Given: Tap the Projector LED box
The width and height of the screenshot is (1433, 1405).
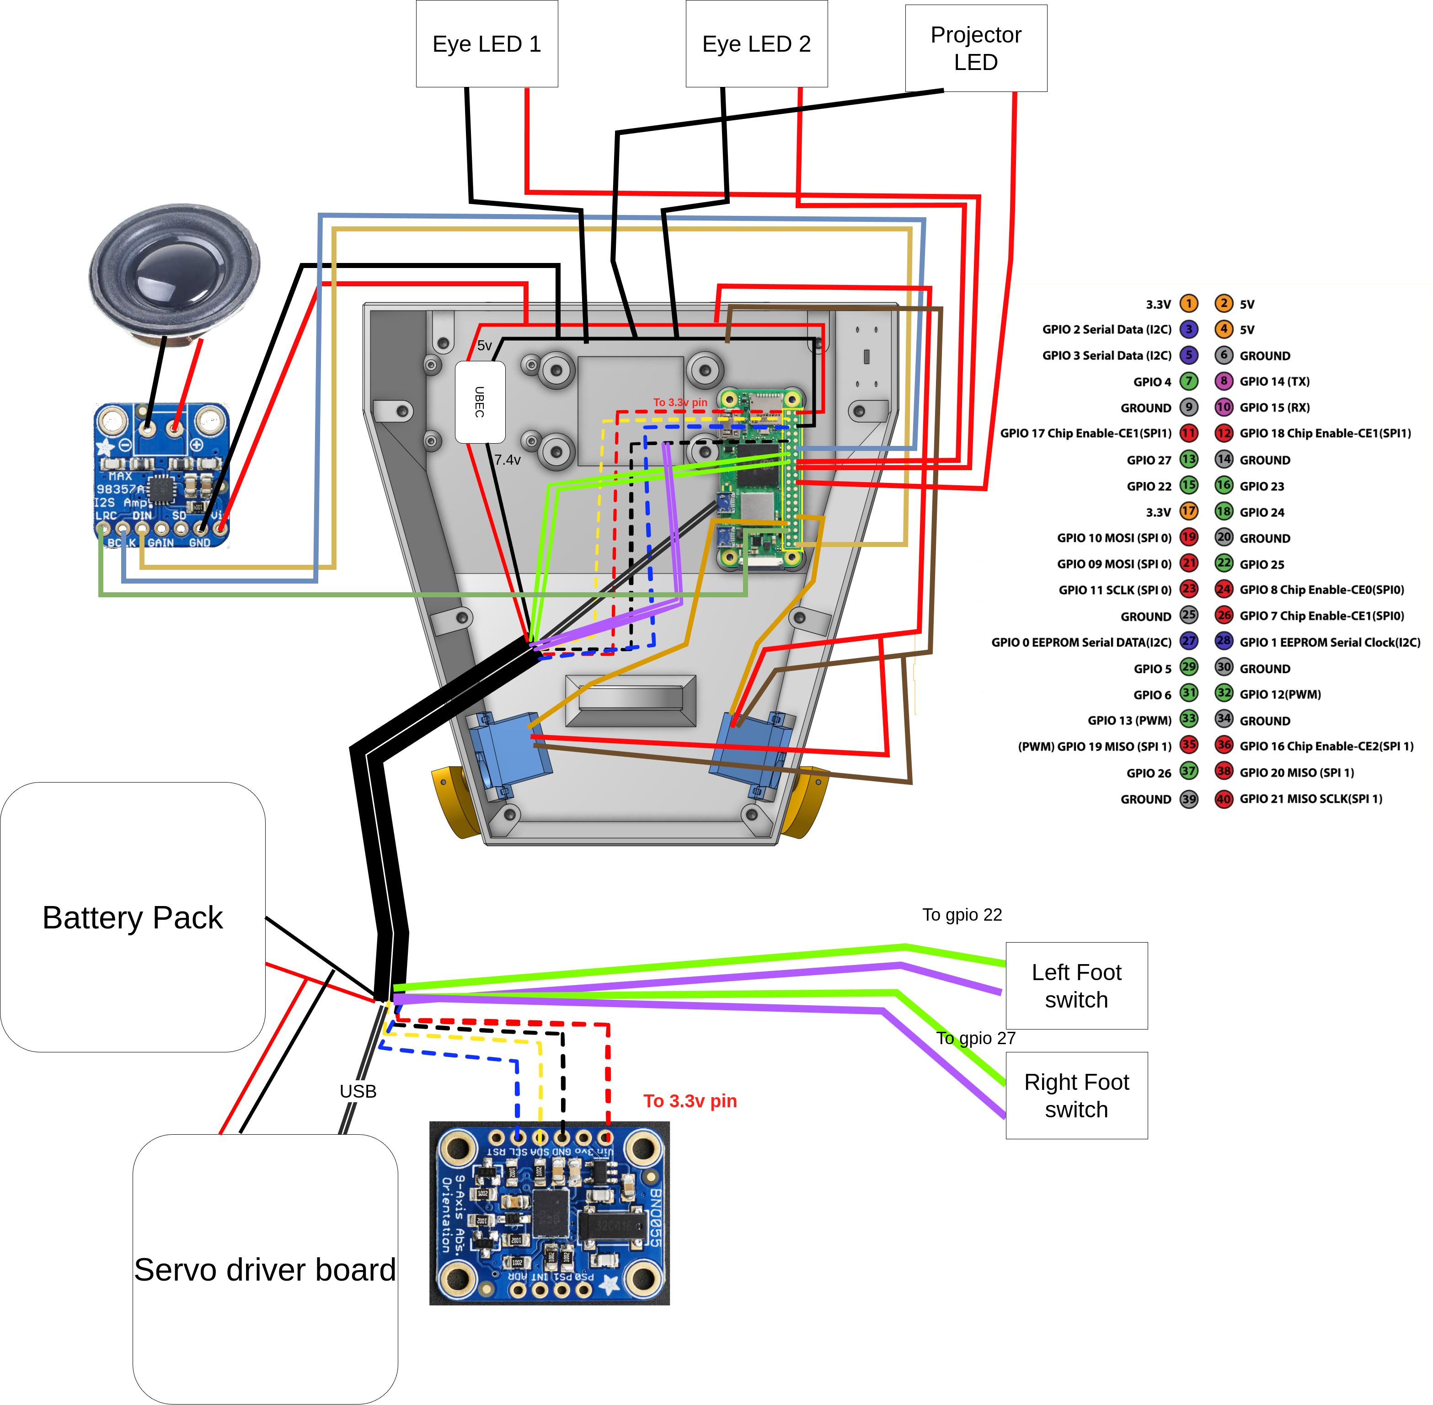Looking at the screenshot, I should [975, 48].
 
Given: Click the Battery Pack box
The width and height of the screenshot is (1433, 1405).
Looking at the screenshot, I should [133, 917].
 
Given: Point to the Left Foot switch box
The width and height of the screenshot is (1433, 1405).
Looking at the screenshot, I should [1076, 986].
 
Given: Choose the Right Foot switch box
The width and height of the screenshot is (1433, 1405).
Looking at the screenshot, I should [1076, 1096].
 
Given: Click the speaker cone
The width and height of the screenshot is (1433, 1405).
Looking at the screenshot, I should [175, 270].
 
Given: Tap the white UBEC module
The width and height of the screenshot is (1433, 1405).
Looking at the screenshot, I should [480, 402].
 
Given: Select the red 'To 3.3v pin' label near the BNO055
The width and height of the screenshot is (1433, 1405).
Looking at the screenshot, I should [690, 1101].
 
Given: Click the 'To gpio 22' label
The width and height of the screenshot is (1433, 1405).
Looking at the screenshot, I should [962, 915].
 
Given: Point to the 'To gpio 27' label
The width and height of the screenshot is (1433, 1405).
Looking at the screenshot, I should [975, 1038].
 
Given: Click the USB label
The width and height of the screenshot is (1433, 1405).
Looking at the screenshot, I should [358, 1091].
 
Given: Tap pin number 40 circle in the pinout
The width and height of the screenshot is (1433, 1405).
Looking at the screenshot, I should [1224, 799].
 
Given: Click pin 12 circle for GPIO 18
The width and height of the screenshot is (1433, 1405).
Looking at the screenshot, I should [1224, 433].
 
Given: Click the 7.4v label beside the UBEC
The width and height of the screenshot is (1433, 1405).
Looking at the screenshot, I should [508, 460].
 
